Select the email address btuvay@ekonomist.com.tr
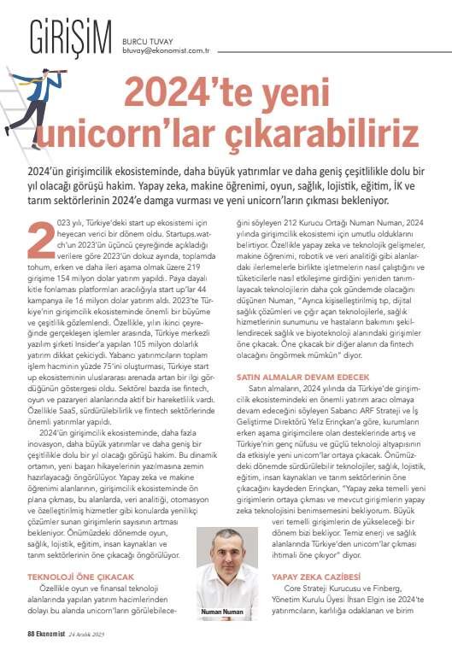pyautogui.click(x=171, y=37)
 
